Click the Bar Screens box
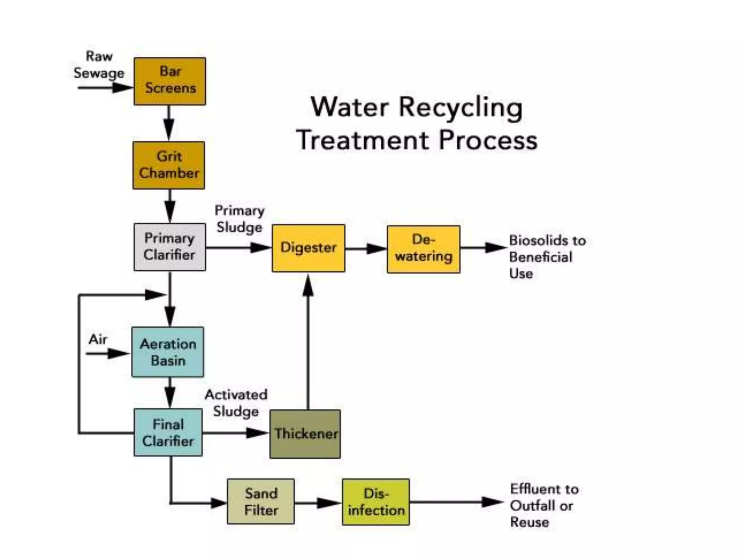tap(170, 81)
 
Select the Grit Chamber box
tap(169, 165)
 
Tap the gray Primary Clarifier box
tap(169, 247)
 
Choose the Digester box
tap(308, 248)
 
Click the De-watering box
tap(423, 249)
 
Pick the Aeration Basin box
tap(167, 352)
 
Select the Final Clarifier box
tap(168, 432)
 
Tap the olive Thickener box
tap(305, 434)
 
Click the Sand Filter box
tap(260, 501)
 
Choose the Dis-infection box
tap(376, 502)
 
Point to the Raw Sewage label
tap(99, 65)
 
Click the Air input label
tap(98, 339)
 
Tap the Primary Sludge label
tap(239, 219)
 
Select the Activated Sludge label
tap(236, 403)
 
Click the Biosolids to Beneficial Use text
tap(547, 257)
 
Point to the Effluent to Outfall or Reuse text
tap(544, 505)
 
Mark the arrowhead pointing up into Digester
tap(308, 286)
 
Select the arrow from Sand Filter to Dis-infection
tap(318, 503)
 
